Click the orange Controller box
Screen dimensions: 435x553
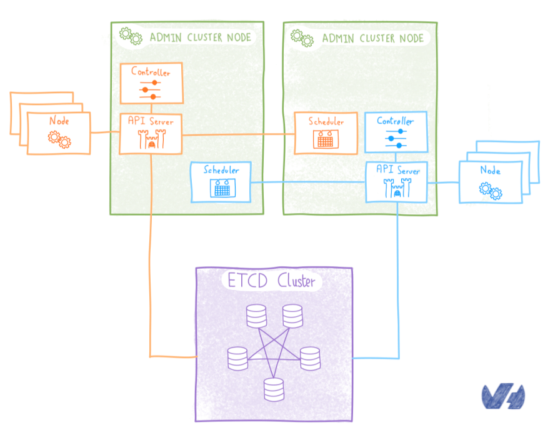pyautogui.click(x=151, y=82)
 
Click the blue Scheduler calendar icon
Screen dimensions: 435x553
pyautogui.click(x=222, y=187)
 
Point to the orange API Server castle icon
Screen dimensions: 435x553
pyautogui.click(x=150, y=141)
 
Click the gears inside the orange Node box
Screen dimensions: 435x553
pyautogui.click(x=59, y=139)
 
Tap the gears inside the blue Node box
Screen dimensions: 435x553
pyautogui.click(x=491, y=189)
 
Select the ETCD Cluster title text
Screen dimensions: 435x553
pyautogui.click(x=272, y=281)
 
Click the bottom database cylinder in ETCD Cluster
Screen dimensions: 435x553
pyautogui.click(x=273, y=389)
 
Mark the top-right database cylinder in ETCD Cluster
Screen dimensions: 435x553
pyautogui.click(x=292, y=315)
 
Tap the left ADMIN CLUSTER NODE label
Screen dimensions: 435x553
pyautogui.click(x=200, y=37)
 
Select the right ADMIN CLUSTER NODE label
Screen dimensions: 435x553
pyautogui.click(x=373, y=39)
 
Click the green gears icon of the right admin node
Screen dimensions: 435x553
pyautogui.click(x=302, y=37)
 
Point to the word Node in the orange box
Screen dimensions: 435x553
pyautogui.click(x=59, y=121)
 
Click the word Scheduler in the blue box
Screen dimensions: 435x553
pyautogui.click(x=222, y=169)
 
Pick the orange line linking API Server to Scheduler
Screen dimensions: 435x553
pyautogui.click(x=237, y=134)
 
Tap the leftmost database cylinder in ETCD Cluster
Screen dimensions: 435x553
pyautogui.click(x=237, y=357)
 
